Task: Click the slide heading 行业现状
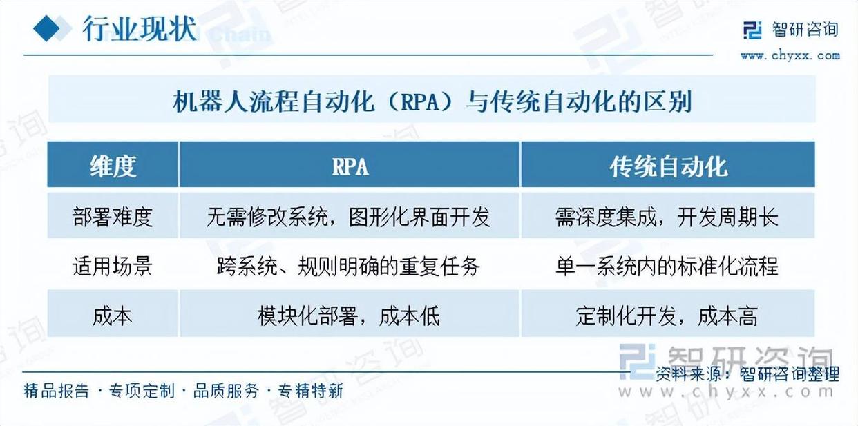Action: pyautogui.click(x=140, y=29)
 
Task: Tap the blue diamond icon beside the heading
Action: pyautogui.click(x=47, y=28)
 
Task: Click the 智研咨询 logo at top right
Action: pyautogui.click(x=791, y=30)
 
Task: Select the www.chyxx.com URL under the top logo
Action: pyautogui.click(x=790, y=56)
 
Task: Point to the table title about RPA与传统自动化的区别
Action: pyautogui.click(x=432, y=101)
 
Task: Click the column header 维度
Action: pyautogui.click(x=113, y=166)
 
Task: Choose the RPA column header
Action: pyautogui.click(x=350, y=167)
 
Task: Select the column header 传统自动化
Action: pyautogui.click(x=669, y=167)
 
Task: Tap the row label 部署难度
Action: pyautogui.click(x=113, y=217)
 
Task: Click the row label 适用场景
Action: pyautogui.click(x=113, y=266)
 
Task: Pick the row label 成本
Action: pyautogui.click(x=113, y=316)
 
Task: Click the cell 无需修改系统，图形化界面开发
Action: pyautogui.click(x=349, y=217)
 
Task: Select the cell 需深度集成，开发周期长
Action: pyautogui.click(x=667, y=217)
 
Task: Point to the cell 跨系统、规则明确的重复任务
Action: pyautogui.click(x=349, y=266)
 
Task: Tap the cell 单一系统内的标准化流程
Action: pyautogui.click(x=667, y=266)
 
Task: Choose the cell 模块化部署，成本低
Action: pyautogui.click(x=349, y=316)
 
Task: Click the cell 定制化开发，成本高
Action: pyautogui.click(x=667, y=316)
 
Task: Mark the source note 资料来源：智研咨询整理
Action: pyautogui.click(x=747, y=374)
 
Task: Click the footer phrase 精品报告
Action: pyautogui.click(x=57, y=391)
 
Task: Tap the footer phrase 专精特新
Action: pyautogui.click(x=310, y=391)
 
